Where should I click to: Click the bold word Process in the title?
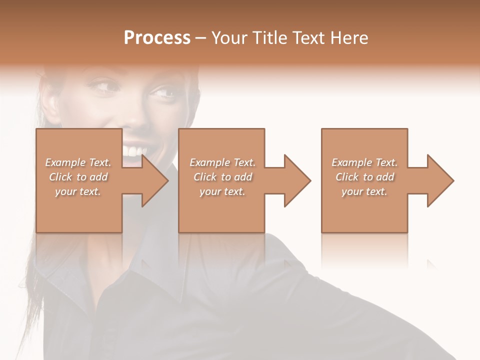point(157,38)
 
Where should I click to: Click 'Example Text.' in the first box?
point(78,162)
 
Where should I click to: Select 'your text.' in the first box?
point(78,191)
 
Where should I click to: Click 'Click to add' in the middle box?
point(222,177)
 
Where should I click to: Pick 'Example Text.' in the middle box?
point(222,162)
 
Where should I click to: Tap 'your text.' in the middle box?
point(222,191)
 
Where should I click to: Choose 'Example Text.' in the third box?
point(364,162)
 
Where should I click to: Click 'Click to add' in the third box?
point(364,177)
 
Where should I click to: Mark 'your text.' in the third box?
point(364,191)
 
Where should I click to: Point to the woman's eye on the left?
point(103,87)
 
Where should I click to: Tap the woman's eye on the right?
point(163,93)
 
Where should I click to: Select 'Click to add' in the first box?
point(78,177)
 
